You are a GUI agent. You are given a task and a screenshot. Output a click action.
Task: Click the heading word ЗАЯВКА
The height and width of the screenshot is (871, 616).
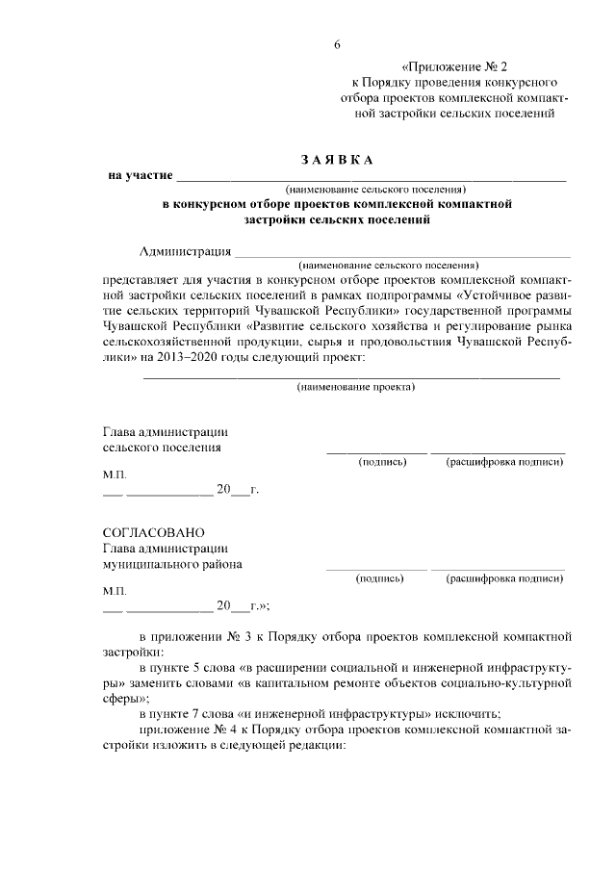click(x=337, y=158)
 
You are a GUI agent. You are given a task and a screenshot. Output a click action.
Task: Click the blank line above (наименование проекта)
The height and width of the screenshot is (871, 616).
click(x=351, y=376)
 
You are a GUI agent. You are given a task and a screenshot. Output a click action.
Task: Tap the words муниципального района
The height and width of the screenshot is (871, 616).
click(x=172, y=565)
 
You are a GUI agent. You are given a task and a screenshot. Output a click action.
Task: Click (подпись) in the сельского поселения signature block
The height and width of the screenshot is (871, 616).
click(x=382, y=462)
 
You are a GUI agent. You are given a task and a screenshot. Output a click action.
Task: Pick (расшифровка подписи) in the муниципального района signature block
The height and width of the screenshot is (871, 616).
click(x=504, y=579)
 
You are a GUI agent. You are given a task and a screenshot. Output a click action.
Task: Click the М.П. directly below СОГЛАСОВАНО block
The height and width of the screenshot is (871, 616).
click(x=114, y=588)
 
